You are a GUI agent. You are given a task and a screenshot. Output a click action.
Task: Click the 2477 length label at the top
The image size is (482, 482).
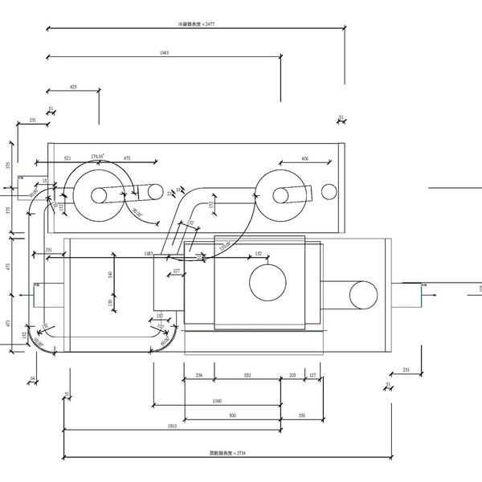pos(196,25)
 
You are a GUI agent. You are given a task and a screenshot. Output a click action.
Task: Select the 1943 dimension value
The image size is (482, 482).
pos(164,53)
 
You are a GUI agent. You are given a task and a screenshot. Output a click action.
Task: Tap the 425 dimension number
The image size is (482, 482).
pos(74,86)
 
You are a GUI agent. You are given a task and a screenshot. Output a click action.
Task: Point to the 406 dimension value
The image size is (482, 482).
pos(304,159)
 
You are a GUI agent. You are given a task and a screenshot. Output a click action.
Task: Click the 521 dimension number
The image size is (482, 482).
pos(67,159)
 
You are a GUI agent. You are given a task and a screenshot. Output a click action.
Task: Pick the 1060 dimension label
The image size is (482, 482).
pos(217,401)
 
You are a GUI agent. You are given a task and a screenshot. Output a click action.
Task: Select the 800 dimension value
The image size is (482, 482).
pos(232,415)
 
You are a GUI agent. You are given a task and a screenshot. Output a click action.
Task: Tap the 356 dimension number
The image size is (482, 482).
pos(301,415)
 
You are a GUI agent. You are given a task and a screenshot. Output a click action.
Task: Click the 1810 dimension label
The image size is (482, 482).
pos(172,426)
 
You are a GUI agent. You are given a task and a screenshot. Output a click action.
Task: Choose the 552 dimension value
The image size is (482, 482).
pos(247,376)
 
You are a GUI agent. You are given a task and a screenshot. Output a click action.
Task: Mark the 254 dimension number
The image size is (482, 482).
pos(198,376)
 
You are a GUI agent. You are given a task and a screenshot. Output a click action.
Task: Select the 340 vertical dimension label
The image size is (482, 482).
pos(110,274)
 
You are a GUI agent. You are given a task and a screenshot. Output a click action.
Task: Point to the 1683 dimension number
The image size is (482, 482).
pos(149,254)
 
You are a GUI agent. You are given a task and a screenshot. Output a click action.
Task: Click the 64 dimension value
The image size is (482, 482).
pos(33,378)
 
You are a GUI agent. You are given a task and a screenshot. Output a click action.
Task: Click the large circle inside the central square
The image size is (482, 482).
pos(268,284)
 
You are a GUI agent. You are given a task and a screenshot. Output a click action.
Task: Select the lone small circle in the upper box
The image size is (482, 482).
pos(329,191)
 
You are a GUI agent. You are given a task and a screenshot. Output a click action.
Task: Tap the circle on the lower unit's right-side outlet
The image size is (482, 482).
pos(363,295)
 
